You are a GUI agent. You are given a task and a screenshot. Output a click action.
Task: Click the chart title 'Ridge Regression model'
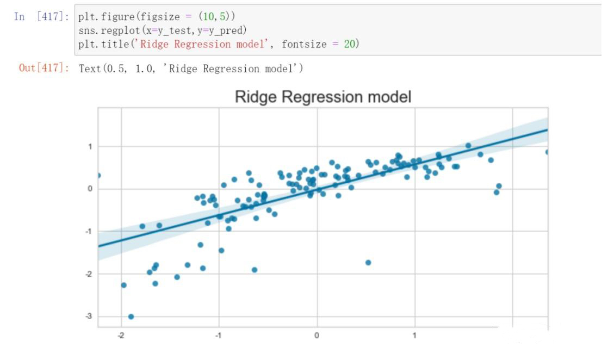323,97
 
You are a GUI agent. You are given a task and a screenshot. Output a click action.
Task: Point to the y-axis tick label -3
89,316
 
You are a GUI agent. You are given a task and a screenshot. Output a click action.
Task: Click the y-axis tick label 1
90,147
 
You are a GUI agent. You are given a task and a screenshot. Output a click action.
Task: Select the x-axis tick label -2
121,336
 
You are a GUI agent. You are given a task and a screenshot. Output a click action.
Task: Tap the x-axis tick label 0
316,336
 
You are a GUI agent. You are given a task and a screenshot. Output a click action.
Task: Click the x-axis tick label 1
414,336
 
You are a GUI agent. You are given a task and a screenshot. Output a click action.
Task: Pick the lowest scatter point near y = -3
131,316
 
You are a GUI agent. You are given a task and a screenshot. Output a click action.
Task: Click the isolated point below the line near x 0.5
368,263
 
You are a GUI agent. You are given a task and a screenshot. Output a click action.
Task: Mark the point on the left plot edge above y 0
98,176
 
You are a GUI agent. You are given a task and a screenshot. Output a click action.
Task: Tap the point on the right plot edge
547,152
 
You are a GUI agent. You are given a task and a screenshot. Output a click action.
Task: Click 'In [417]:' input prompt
41,16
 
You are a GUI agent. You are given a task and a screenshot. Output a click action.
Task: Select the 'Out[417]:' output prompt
44,68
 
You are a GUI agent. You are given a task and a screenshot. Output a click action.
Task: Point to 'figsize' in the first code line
160,16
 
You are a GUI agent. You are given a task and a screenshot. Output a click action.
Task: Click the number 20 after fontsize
349,44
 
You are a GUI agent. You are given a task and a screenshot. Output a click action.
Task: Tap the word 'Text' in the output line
90,69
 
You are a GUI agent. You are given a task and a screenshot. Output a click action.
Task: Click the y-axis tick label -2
89,274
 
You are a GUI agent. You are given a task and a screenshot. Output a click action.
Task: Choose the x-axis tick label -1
219,336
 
